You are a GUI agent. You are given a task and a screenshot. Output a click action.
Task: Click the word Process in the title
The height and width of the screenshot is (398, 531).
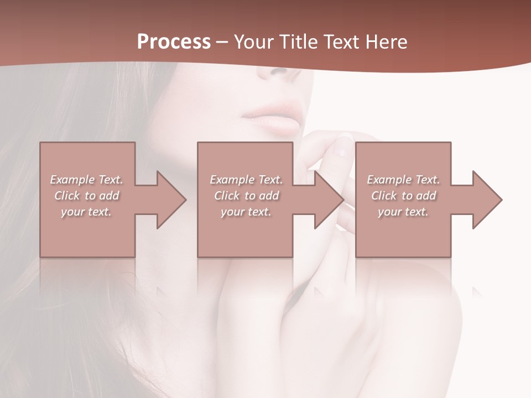pyautogui.click(x=174, y=42)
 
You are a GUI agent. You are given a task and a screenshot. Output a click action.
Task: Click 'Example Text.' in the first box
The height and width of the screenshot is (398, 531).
pyautogui.click(x=87, y=180)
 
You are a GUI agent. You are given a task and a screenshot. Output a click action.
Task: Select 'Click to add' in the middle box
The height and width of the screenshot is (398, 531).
pyautogui.click(x=246, y=196)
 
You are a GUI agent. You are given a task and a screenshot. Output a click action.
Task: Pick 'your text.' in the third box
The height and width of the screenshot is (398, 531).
pyautogui.click(x=403, y=212)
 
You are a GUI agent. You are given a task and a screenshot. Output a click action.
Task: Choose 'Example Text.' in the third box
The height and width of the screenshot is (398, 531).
pyautogui.click(x=403, y=180)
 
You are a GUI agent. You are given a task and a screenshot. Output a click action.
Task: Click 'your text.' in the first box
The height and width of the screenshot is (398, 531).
pyautogui.click(x=86, y=212)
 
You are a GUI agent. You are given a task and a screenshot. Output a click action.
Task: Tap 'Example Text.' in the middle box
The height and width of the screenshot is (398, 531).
pyautogui.click(x=246, y=180)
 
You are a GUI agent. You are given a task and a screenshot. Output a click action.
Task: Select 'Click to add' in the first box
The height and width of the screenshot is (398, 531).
pyautogui.click(x=87, y=196)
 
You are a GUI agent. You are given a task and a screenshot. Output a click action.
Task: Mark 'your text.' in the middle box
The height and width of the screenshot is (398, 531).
pyautogui.click(x=246, y=212)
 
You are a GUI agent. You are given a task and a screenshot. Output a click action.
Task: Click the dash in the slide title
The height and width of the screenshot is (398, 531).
pyautogui.click(x=222, y=42)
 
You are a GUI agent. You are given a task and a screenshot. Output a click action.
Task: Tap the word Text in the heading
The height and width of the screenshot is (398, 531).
pyautogui.click(x=340, y=42)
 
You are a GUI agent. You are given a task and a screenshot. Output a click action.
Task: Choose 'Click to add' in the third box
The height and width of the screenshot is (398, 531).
pyautogui.click(x=404, y=196)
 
